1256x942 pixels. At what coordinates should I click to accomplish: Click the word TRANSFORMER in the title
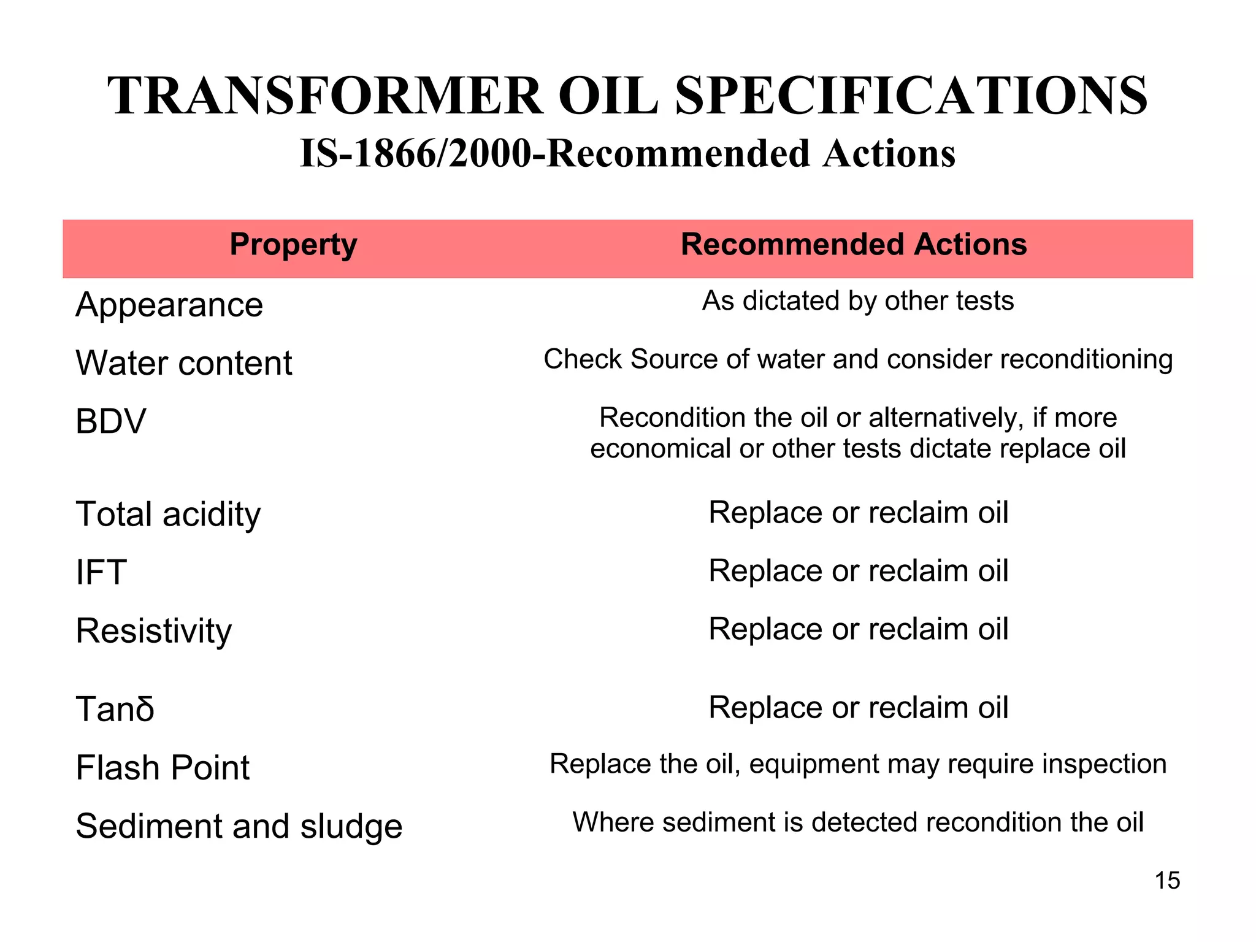[325, 96]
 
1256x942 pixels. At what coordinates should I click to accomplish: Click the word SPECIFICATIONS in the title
[911, 96]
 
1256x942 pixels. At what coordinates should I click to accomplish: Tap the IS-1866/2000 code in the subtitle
[415, 153]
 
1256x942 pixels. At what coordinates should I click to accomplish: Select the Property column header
[293, 245]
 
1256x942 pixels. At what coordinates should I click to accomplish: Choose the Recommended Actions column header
[854, 245]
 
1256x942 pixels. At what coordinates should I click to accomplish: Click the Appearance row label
[169, 305]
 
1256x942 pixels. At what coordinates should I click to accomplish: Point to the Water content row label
[184, 363]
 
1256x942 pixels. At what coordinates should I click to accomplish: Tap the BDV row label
[111, 421]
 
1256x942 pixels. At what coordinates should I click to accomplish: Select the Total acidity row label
[168, 514]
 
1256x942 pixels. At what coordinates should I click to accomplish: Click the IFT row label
[101, 572]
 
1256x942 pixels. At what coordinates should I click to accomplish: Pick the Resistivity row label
[154, 630]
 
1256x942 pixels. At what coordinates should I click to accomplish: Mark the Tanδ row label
[115, 709]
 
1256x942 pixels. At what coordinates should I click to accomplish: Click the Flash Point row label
[163, 767]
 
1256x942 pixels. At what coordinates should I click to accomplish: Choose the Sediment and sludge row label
[239, 825]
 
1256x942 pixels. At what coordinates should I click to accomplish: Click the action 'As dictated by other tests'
[858, 301]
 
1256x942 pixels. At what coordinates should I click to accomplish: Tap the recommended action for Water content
[858, 359]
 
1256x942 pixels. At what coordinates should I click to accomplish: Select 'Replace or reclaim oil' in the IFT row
[858, 571]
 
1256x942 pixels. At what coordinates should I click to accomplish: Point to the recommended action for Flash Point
[858, 764]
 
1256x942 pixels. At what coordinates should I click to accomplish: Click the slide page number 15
[1167, 881]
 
